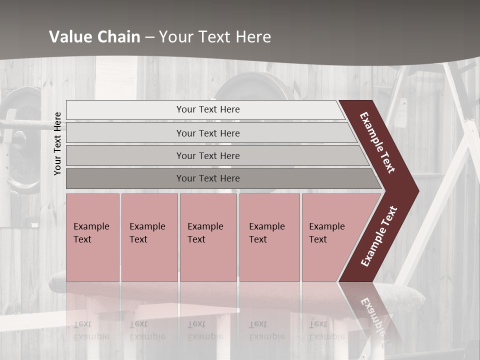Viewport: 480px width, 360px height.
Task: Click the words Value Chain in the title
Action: (x=94, y=37)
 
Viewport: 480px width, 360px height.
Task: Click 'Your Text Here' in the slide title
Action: (x=215, y=37)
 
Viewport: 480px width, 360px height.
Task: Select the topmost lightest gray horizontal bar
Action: (x=125, y=110)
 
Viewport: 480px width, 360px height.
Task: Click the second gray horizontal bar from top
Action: (x=125, y=133)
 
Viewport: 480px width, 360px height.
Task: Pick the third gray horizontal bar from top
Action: (x=125, y=155)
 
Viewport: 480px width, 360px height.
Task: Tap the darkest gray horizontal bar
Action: (x=125, y=178)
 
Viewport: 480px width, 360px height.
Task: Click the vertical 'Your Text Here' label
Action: (x=57, y=143)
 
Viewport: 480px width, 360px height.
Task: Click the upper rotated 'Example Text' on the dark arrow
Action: (x=377, y=142)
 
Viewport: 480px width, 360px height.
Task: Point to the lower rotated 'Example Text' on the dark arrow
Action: (x=378, y=236)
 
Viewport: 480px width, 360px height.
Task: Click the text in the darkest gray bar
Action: (x=208, y=178)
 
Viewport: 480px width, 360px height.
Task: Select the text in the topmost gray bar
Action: (x=208, y=109)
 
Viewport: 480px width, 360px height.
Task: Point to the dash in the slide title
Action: (x=149, y=37)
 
